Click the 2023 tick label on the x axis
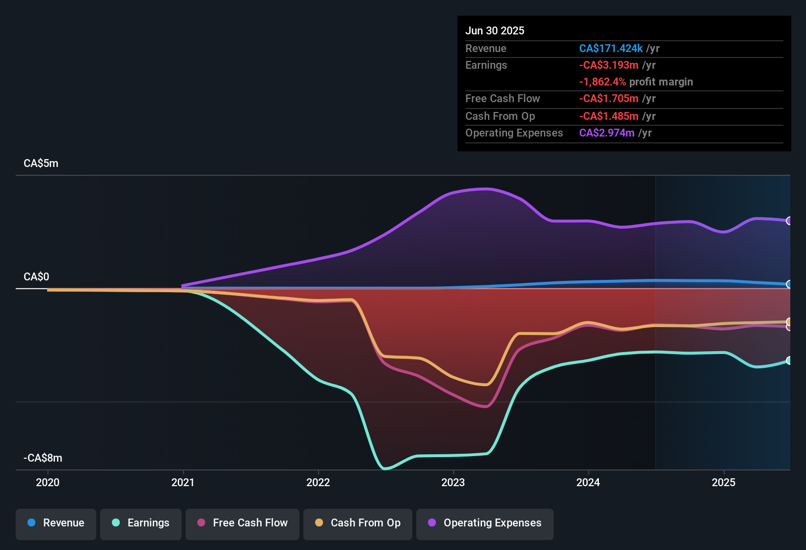pos(453,482)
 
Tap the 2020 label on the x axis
pos(48,482)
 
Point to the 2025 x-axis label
pos(724,482)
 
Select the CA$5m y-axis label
pos(41,164)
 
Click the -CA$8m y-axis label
pos(43,458)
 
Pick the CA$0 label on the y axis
pos(36,277)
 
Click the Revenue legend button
pos(56,523)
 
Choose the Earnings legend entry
pos(141,523)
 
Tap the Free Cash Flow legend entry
pos(242,523)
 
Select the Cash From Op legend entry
pos(358,523)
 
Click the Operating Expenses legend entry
pos(485,523)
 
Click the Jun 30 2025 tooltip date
pos(495,31)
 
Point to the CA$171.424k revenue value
pos(611,49)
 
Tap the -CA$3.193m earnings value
pos(609,65)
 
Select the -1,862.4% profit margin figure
pos(602,82)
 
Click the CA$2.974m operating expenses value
pos(607,133)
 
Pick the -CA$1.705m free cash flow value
pos(609,99)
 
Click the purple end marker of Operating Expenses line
pos(789,221)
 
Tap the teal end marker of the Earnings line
pos(789,360)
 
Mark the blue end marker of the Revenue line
pos(789,284)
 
